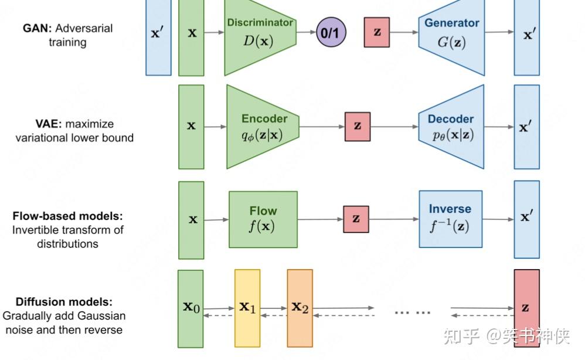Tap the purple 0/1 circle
(331, 33)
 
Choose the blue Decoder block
(452, 127)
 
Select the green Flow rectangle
(263, 219)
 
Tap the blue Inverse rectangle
(450, 218)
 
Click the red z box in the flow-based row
(356, 219)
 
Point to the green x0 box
(191, 308)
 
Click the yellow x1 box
(247, 308)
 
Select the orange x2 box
(300, 308)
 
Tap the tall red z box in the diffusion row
(526, 308)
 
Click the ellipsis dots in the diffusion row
(412, 313)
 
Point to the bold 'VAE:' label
(49, 124)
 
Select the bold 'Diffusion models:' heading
(64, 302)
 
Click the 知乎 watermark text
(461, 337)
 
